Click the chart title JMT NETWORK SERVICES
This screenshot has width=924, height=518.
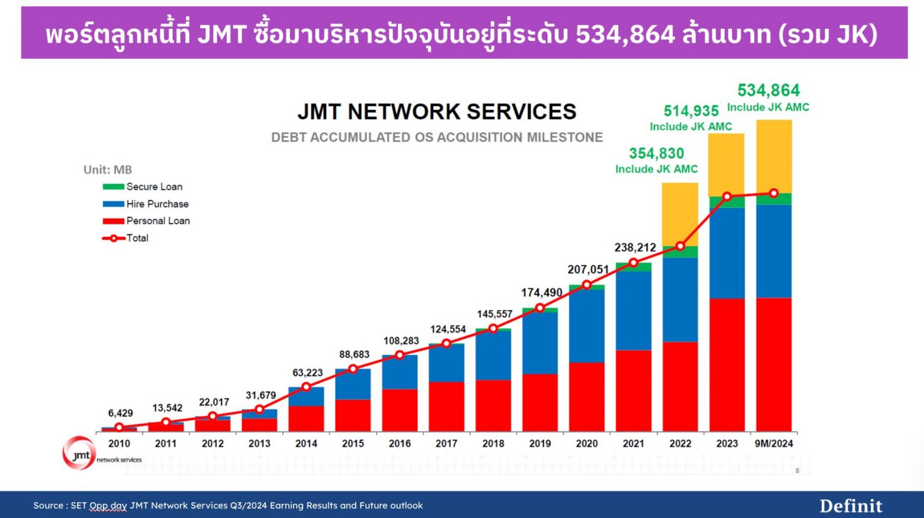437,112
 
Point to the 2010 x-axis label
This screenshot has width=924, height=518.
119,444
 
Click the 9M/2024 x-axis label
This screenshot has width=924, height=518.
774,444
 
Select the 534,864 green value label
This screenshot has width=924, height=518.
768,91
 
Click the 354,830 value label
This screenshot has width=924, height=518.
656,154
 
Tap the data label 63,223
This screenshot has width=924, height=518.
307,373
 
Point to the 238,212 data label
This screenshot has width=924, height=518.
635,248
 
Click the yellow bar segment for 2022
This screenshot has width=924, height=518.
680,214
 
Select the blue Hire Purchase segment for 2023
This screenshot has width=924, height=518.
727,253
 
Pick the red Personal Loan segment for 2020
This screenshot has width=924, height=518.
587,397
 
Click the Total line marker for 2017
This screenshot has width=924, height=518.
446,344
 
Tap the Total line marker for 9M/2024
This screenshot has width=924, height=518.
774,194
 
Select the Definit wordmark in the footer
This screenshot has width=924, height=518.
851,506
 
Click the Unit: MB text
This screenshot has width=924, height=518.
108,170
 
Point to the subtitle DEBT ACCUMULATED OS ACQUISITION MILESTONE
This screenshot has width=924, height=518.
437,138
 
